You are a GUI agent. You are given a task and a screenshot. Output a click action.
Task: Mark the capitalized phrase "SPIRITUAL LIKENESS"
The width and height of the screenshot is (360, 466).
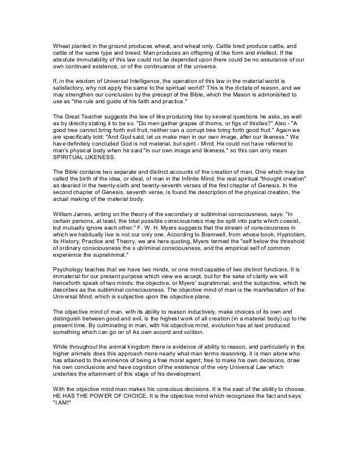(79, 158)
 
